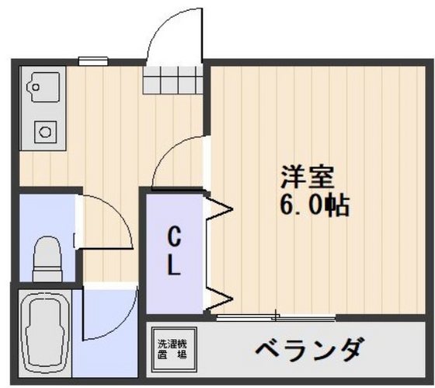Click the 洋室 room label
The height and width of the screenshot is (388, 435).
tap(308, 177)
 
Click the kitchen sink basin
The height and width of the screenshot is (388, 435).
tap(43, 89)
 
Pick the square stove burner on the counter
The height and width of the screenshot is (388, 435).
tap(46, 131)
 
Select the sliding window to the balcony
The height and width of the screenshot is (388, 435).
tap(275, 317)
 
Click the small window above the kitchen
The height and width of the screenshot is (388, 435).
tap(92, 60)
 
